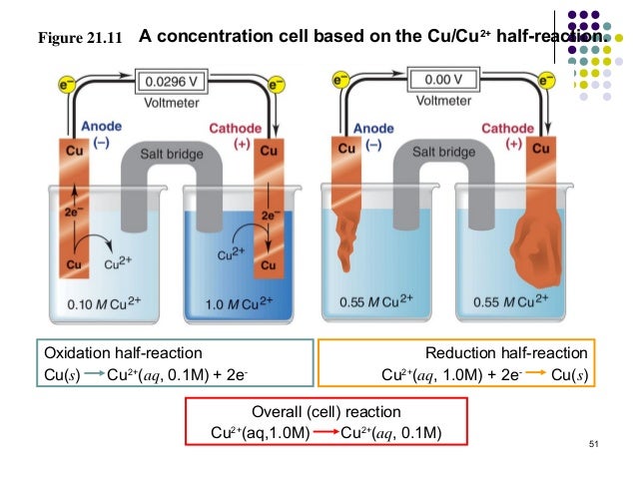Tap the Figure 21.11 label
(79, 40)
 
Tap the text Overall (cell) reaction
(326, 411)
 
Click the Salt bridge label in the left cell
(171, 154)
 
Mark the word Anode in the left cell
(103, 128)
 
